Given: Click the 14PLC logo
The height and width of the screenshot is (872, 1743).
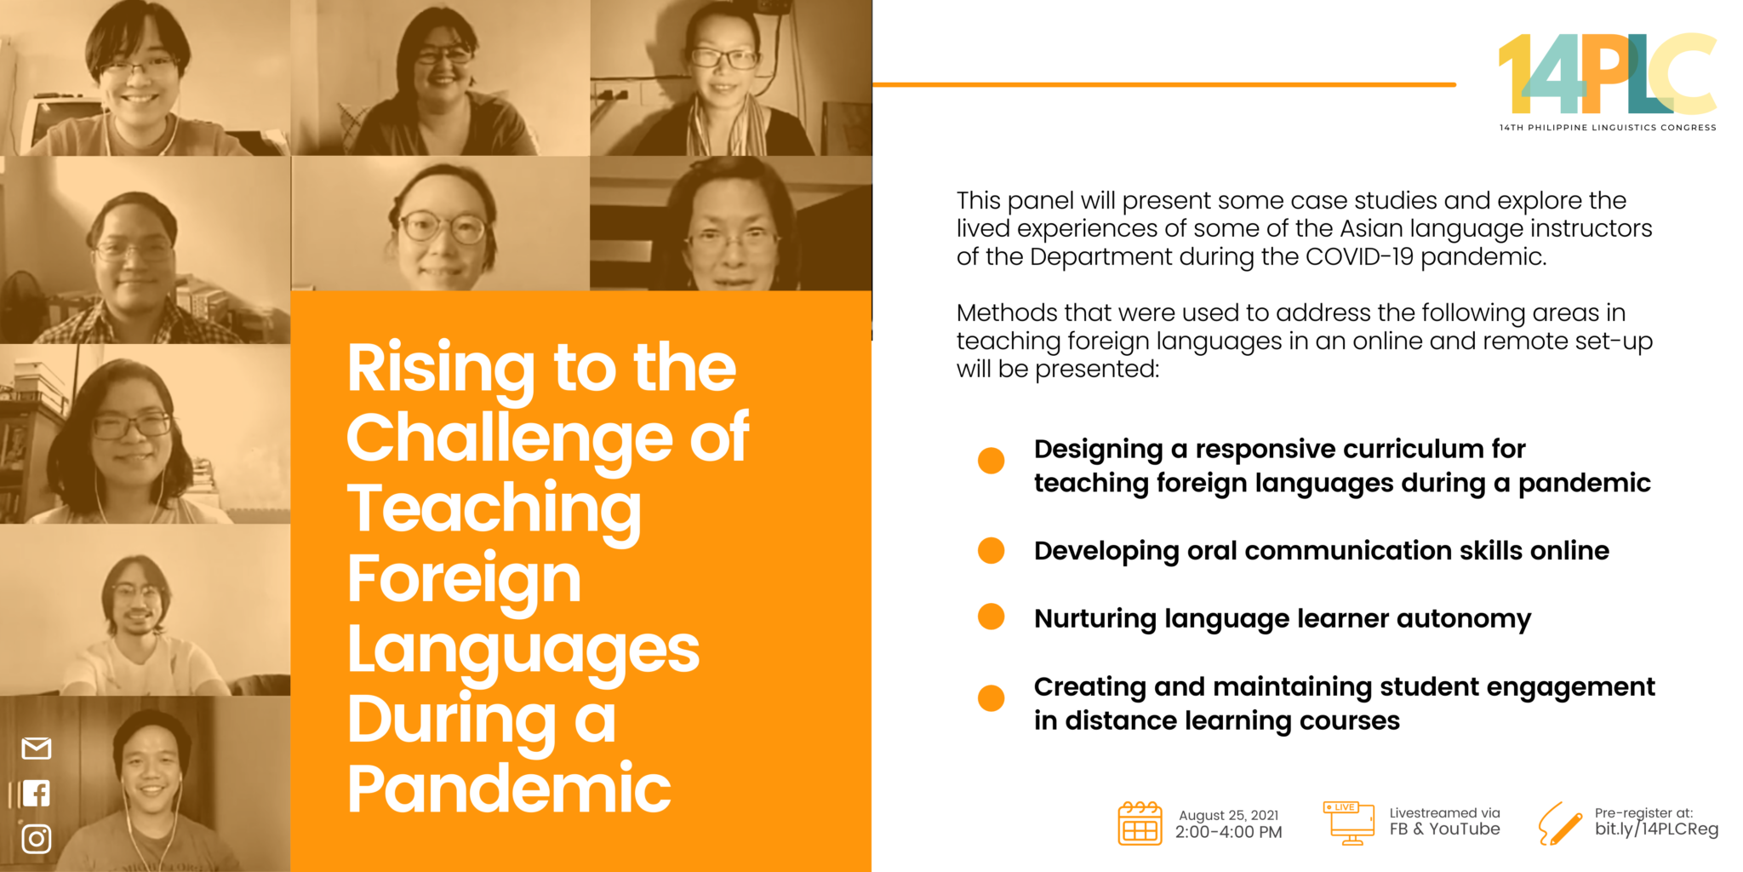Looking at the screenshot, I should [x=1607, y=75].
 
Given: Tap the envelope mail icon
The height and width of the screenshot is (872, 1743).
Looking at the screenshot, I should [x=37, y=749].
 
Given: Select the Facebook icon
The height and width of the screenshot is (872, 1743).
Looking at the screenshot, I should [x=37, y=793].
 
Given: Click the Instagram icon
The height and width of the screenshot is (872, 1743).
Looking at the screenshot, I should [x=37, y=839].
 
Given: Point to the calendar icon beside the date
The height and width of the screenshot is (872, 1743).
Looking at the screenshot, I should [x=1140, y=823].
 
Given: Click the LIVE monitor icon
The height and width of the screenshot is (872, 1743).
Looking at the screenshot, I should [x=1349, y=823].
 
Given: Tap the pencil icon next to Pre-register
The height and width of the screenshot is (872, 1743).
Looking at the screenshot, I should [x=1559, y=823].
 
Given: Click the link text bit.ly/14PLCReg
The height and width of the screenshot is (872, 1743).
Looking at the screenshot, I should [x=1656, y=829].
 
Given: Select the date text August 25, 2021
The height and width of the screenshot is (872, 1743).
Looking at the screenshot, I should [x=1228, y=815].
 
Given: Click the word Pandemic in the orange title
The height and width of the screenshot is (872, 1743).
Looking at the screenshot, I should [x=509, y=789].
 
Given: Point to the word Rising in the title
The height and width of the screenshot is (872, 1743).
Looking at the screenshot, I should [x=440, y=368].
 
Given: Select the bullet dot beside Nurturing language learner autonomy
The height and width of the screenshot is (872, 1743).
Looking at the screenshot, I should [x=991, y=617].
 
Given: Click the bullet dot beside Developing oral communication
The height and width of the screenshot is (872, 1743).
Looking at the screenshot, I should [x=991, y=550].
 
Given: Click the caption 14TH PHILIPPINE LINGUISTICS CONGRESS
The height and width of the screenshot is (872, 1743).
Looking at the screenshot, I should [x=1607, y=128].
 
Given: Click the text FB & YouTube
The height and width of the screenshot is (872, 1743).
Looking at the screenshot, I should [x=1444, y=829].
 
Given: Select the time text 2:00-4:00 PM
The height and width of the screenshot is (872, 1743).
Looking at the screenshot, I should [x=1228, y=832].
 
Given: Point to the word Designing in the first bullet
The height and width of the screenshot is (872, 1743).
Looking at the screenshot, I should [x=1098, y=449].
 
